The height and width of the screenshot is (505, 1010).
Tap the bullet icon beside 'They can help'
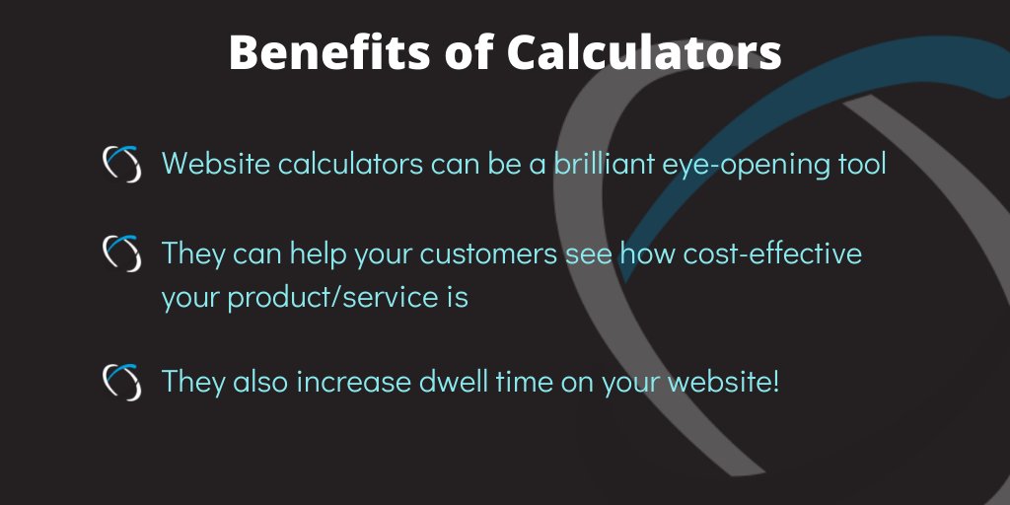123,253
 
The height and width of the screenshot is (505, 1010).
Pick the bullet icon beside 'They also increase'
123,381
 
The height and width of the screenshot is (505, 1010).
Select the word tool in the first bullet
859,163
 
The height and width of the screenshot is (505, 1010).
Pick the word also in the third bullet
264,381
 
